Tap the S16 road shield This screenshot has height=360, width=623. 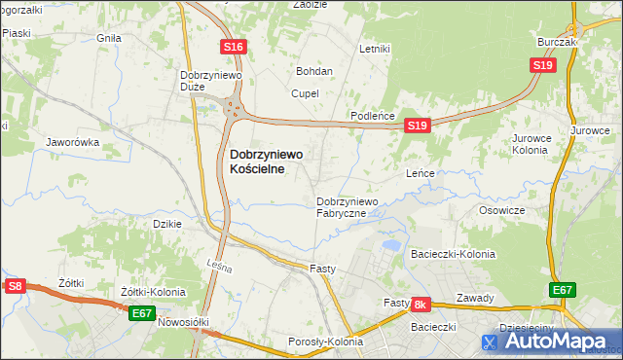coord(232,47)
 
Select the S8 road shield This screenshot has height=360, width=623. coord(14,286)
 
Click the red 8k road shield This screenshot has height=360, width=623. coord(421,305)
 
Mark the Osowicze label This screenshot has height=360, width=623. coord(502,210)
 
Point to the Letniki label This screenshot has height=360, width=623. coord(375,48)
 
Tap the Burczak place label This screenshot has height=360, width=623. coord(558,43)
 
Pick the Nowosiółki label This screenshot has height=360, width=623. coord(184,322)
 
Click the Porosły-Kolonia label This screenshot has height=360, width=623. coord(325,342)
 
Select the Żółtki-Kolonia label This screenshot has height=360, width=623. coord(152,292)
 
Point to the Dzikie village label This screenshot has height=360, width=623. coord(168,224)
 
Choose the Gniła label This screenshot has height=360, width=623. coord(108,38)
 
